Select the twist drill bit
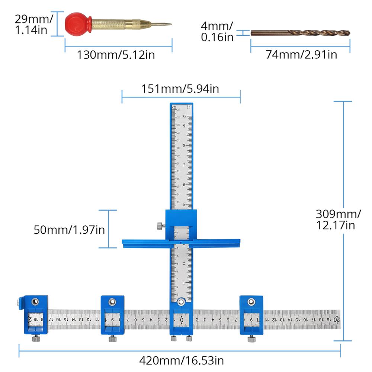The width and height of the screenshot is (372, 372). click(301, 33)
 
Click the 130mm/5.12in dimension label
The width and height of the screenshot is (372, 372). click(116, 55)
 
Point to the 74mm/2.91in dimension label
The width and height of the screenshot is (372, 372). click(301, 54)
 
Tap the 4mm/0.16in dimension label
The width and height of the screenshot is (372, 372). click(217, 31)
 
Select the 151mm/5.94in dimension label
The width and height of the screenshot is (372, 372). click(180, 89)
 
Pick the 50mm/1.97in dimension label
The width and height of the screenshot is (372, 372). click(69, 230)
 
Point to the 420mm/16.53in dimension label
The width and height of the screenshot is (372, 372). click(182, 360)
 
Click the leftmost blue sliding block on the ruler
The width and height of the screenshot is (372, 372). click(36, 314)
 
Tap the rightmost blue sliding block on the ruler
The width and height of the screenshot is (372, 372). click(251, 315)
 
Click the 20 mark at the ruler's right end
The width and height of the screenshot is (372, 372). click(336, 320)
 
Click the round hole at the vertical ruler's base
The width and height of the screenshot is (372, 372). click(182, 302)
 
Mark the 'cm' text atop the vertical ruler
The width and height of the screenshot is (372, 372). click(174, 108)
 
